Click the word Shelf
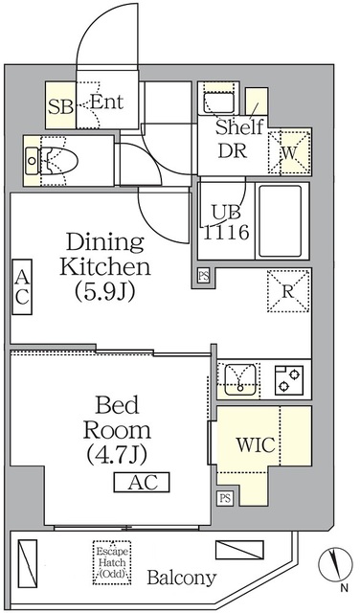click(x=238, y=126)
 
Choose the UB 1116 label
click(x=225, y=222)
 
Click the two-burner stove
click(x=285, y=379)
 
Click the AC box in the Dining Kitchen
click(x=21, y=287)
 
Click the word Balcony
click(x=181, y=579)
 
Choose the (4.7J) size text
click(x=114, y=450)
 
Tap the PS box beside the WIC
click(x=225, y=498)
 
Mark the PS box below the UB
click(x=203, y=276)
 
